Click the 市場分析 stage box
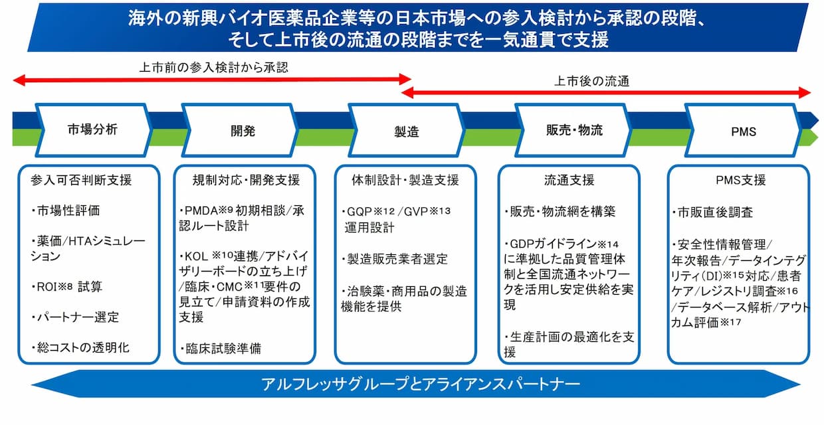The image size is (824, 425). pos(93,129)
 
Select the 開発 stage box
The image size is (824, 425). pos(240,130)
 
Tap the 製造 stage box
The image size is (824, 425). pos(407,131)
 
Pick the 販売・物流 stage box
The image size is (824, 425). pos(574,130)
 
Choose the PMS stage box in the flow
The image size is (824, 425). pos(742,131)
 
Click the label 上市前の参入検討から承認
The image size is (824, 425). pos(213,68)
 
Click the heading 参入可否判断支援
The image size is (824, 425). pos(81,180)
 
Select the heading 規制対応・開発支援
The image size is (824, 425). pos(246,180)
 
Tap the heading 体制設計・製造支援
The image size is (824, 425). pos(405,180)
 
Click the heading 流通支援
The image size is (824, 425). pos(569,180)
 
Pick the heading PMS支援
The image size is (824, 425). pos(738,180)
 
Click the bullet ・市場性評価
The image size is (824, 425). pos(69,211)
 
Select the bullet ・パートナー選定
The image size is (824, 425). pos(75,317)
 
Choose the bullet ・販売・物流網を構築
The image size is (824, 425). pos(560,212)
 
